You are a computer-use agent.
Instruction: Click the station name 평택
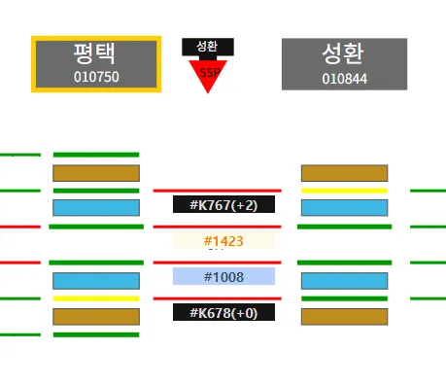(94, 53)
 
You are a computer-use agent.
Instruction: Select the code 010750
(95, 76)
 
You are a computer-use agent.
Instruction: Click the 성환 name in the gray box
(344, 53)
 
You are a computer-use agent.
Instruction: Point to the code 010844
(344, 78)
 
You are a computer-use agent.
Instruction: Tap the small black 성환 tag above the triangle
(207, 46)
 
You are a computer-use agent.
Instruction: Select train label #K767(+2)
(223, 204)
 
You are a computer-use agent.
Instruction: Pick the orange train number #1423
(223, 240)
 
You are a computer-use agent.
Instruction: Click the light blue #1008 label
(223, 277)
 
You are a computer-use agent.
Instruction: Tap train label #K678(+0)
(223, 312)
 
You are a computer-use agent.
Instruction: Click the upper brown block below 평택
(96, 173)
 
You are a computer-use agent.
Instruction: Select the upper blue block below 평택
(96, 208)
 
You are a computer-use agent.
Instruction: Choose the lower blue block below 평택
(96, 281)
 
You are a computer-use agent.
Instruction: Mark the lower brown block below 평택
(96, 316)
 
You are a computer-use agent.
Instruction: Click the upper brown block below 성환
(344, 173)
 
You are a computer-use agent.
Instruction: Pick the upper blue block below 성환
(344, 208)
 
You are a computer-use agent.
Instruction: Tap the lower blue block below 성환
(344, 281)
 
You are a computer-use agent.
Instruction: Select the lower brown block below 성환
(344, 316)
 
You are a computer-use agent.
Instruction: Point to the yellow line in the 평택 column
(96, 298)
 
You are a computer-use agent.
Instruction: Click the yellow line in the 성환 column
(344, 191)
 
